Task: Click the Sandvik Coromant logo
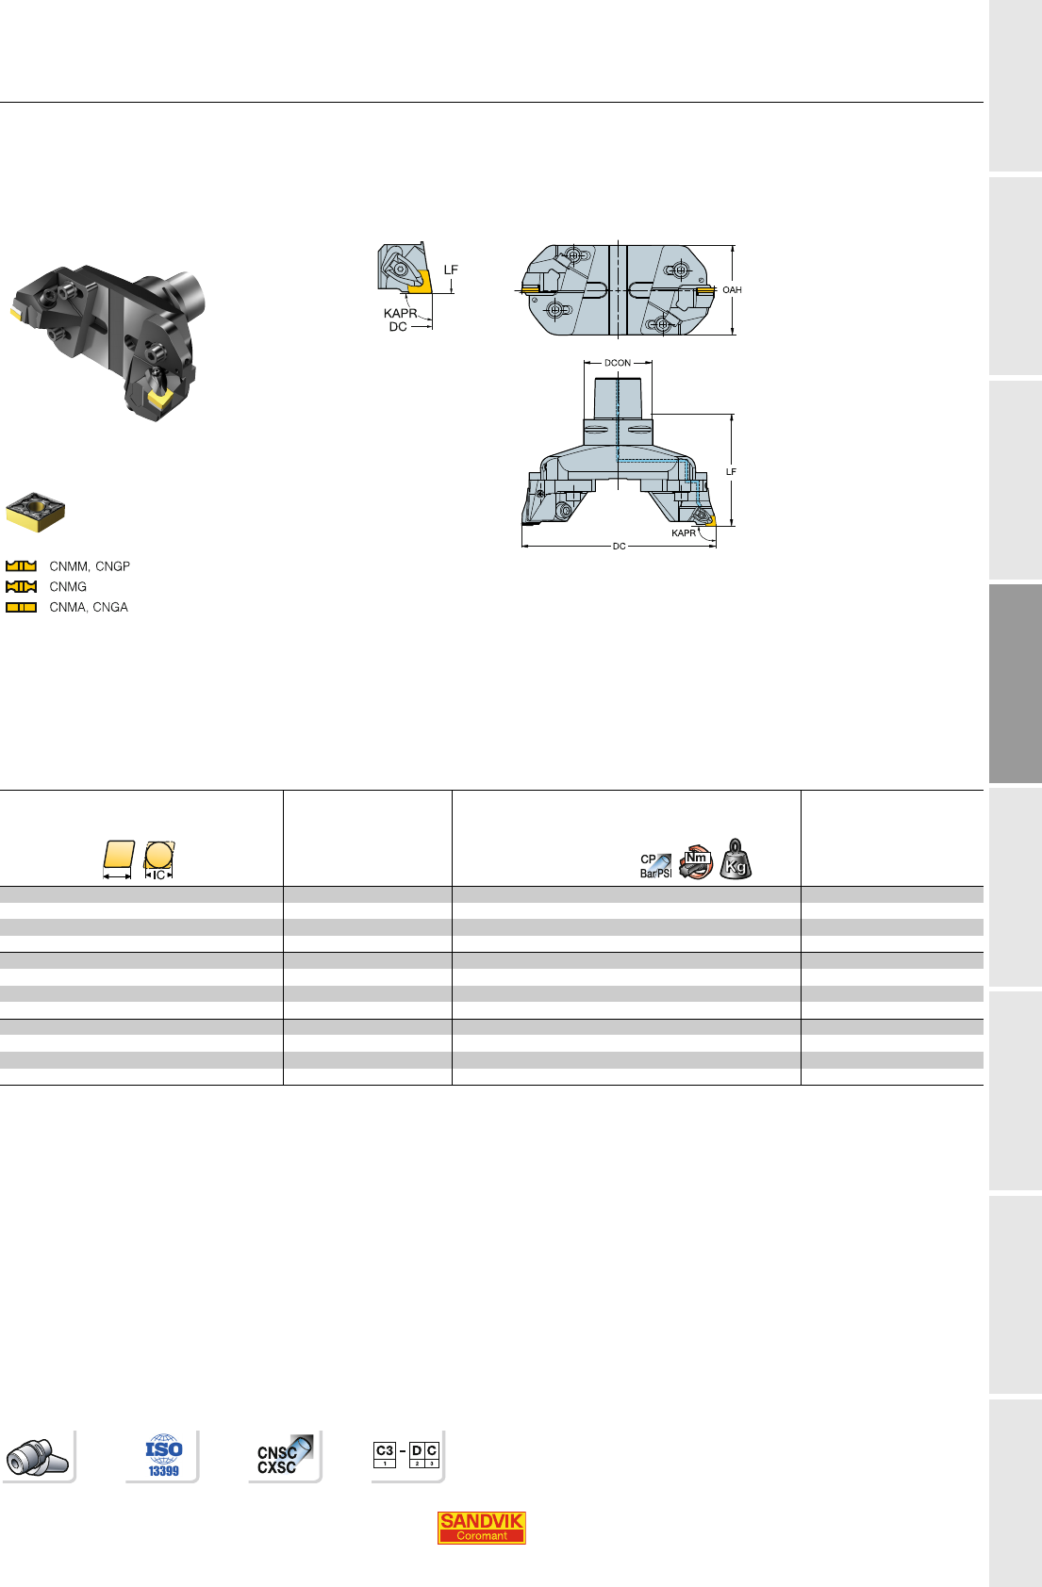click(x=481, y=1527)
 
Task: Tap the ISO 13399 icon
click(x=164, y=1456)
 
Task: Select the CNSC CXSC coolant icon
click(x=284, y=1455)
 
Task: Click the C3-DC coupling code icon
click(x=406, y=1454)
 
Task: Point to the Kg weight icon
click(x=736, y=859)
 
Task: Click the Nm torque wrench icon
click(x=696, y=861)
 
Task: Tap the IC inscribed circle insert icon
click(x=158, y=860)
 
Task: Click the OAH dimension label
click(x=733, y=289)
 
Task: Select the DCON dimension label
click(x=618, y=363)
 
